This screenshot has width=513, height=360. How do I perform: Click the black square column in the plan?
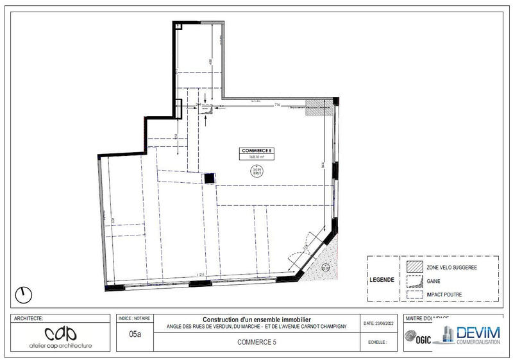pyautogui.click(x=209, y=178)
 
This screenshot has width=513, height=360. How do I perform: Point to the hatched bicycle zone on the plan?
pyautogui.click(x=316, y=107)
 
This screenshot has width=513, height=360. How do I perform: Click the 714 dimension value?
pyautogui.click(x=277, y=104)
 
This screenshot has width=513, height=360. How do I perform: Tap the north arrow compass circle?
pyautogui.click(x=24, y=295)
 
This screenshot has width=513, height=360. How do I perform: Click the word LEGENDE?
pyautogui.click(x=383, y=280)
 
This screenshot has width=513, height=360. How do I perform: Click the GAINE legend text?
pyautogui.click(x=432, y=280)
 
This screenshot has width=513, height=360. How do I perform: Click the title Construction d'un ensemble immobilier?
pyautogui.click(x=256, y=320)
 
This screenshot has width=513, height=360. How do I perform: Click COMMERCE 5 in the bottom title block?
pyautogui.click(x=256, y=343)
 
